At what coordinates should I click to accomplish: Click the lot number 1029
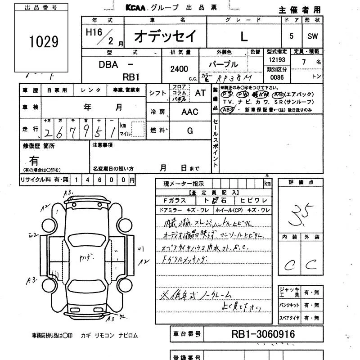pos(44,42)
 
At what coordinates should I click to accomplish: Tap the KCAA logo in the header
pos(137,8)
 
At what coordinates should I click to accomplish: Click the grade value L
pos(243,37)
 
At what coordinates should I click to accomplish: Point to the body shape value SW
pos(312,37)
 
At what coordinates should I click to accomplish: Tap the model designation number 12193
pos(276,60)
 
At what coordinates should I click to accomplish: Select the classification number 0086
pos(276,77)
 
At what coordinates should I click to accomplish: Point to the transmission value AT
pos(200,93)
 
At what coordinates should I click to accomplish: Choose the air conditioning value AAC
pos(189,112)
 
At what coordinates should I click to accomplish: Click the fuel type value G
pos(189,131)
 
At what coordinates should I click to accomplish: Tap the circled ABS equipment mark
pos(228,109)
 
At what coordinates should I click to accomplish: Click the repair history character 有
pos(34,160)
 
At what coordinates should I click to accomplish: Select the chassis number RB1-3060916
pos(263,334)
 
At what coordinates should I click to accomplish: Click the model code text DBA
pos(108,64)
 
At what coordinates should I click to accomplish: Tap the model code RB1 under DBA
pos(131,77)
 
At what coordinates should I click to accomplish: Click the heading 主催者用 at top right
pos(299,10)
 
